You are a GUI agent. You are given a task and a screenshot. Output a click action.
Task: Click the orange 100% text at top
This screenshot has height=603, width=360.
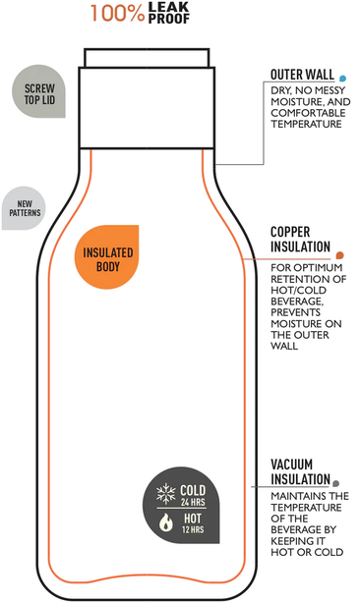pos(117,13)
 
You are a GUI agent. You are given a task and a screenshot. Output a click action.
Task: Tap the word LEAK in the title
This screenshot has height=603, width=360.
pos(168,7)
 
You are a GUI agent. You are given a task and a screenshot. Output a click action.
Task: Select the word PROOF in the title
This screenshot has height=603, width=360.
pos(168,19)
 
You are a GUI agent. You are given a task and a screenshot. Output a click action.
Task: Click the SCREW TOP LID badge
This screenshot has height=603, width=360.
pos(39,91)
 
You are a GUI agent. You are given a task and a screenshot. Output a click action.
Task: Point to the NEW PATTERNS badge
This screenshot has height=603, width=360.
pos(24,208)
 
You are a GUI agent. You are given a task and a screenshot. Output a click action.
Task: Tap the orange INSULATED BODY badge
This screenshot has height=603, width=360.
pos(106,257)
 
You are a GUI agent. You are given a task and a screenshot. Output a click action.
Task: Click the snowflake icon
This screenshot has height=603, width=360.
pos(166,494)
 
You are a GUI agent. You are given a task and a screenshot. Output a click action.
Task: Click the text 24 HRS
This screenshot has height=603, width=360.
pos(193,502)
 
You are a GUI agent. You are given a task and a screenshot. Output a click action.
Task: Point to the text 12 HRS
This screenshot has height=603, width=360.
pos(193,529)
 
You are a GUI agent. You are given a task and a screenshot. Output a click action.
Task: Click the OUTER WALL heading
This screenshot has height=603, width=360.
pos(302,75)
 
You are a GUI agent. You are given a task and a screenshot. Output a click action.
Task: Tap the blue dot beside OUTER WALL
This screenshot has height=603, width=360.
pos(342,79)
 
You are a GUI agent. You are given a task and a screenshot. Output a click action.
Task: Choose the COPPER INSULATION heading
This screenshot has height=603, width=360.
pos(300,240)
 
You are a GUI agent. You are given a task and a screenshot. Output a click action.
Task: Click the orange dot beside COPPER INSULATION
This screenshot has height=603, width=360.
pos(339,255)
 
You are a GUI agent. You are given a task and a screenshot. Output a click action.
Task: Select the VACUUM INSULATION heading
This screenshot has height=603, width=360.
pos(300,471)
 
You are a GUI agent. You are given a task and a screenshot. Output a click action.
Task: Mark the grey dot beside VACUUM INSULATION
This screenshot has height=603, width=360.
pos(335,483)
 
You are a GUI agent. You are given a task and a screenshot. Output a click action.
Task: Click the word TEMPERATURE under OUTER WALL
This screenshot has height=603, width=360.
pos(306,124)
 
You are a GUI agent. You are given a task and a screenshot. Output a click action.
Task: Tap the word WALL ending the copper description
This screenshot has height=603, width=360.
pos(284,346)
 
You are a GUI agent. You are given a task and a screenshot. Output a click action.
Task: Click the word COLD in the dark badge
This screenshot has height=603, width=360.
pos(193,490)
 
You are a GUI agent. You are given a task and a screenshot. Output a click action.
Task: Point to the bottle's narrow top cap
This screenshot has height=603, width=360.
pos(147,58)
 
